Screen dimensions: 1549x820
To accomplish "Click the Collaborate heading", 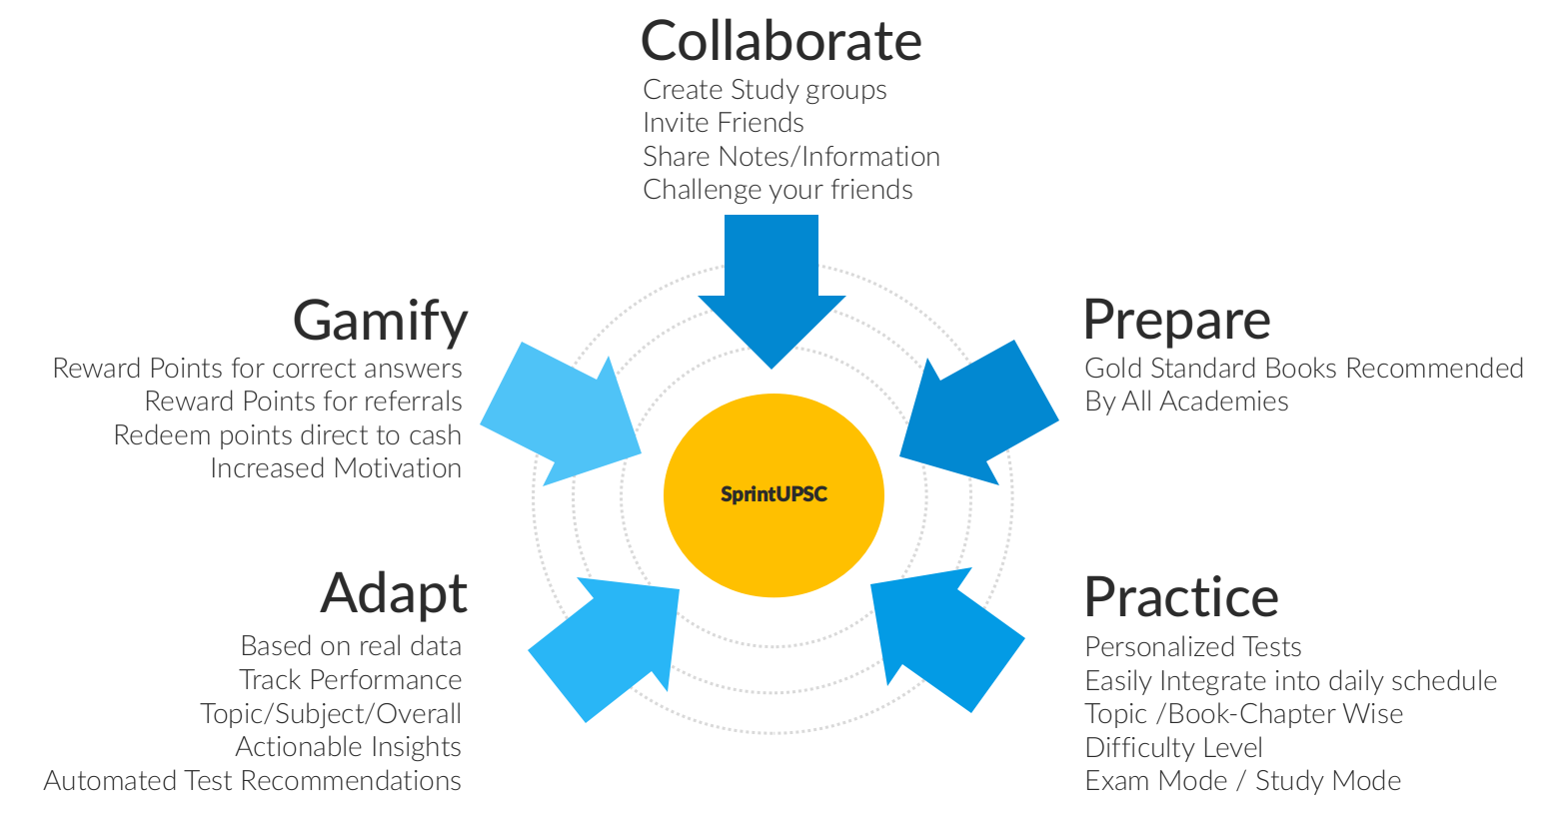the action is [781, 41].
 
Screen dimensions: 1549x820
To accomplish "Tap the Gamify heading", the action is [381, 322].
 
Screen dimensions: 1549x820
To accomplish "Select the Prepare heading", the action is [1177, 321].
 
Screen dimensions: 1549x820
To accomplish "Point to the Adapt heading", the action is [394, 594].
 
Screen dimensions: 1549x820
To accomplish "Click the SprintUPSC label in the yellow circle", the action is [774, 494].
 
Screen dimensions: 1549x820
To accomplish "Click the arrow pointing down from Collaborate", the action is [772, 291].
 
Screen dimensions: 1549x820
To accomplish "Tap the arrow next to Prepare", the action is [978, 413].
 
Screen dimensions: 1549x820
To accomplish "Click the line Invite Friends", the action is [724, 123].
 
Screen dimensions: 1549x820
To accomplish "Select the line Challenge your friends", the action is [777, 190].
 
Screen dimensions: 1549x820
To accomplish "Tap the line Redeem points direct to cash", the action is [288, 435].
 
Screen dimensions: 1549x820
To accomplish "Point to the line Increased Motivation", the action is [336, 468].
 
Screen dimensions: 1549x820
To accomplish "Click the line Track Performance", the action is [351, 680].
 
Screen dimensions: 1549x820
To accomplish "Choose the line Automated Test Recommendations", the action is [253, 781].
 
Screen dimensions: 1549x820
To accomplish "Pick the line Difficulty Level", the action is [1173, 748].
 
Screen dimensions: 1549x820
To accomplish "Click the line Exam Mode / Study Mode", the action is [1242, 781].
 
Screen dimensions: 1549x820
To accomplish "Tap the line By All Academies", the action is [1186, 402].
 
